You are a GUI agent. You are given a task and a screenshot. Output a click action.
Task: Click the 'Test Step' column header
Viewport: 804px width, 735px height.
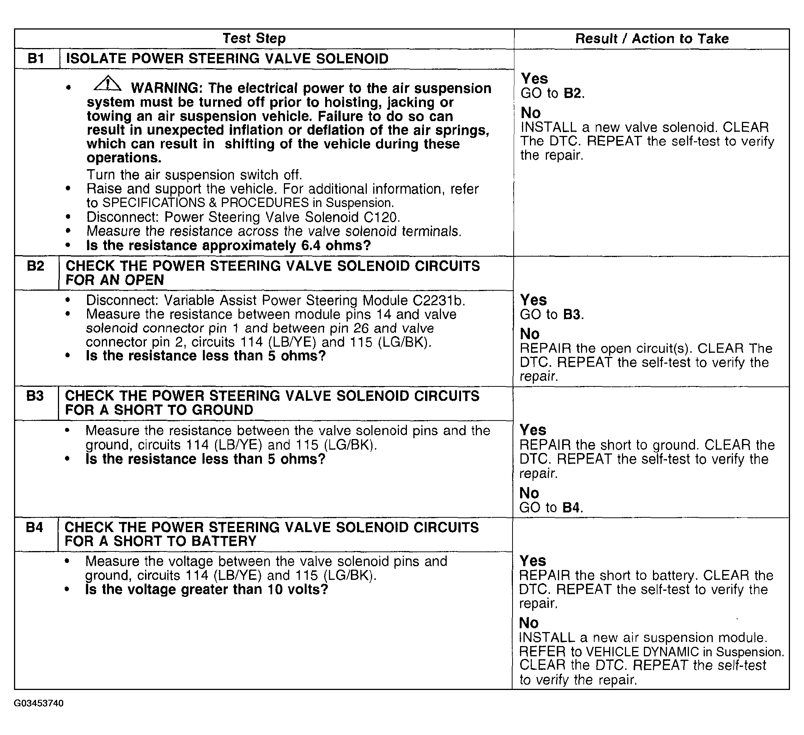(x=254, y=38)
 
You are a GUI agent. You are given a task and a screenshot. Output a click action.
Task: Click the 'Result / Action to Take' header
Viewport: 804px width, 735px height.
(x=652, y=39)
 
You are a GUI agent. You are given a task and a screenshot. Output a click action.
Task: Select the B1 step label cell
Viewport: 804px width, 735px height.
(x=36, y=59)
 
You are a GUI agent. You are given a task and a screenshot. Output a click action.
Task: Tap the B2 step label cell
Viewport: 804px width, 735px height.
(x=36, y=266)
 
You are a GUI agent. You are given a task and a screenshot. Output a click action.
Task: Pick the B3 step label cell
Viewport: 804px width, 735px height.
(x=35, y=396)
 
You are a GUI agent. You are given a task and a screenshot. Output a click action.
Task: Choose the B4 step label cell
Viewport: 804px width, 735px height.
(x=34, y=527)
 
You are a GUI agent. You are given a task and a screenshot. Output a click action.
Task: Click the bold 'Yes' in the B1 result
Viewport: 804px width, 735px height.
(x=534, y=78)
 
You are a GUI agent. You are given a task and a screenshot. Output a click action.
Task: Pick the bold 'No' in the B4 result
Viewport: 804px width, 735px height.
(x=529, y=623)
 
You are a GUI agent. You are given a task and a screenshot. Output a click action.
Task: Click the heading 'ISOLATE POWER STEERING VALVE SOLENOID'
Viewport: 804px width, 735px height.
(x=227, y=59)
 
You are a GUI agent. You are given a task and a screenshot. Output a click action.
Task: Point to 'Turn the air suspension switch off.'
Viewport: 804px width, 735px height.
(x=194, y=175)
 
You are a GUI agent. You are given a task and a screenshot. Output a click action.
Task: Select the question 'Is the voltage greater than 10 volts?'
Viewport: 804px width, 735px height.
(x=207, y=589)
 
